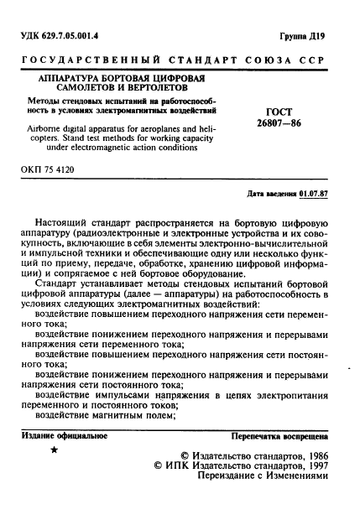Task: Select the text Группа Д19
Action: click(x=320, y=36)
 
